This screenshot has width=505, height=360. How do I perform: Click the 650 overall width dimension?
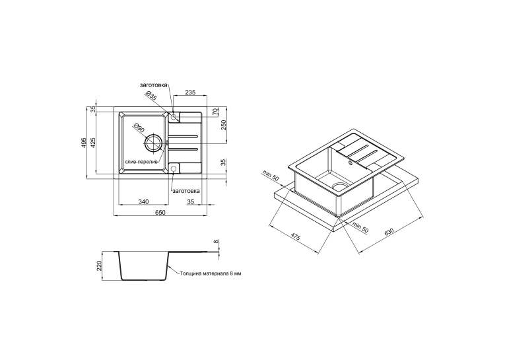tap(160, 213)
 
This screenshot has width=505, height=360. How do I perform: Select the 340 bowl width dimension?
tap(144, 201)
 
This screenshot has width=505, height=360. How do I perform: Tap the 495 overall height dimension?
tap(83, 143)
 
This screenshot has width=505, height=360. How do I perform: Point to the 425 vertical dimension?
tap(93, 143)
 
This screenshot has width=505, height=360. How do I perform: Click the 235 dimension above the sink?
tap(190, 92)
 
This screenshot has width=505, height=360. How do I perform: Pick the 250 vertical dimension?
tap(224, 125)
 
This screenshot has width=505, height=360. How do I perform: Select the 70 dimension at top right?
tap(216, 112)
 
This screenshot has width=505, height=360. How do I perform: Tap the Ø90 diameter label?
tap(139, 128)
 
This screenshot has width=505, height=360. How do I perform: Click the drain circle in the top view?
tap(153, 143)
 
